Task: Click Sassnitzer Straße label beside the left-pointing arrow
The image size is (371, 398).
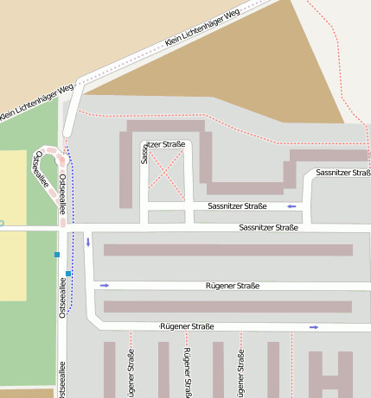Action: (237, 206)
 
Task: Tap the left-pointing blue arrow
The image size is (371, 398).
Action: (292, 206)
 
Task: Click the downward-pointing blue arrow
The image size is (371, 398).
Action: (88, 241)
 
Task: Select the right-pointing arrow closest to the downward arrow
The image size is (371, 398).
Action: (105, 285)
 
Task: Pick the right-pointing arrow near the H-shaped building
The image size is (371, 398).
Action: (314, 327)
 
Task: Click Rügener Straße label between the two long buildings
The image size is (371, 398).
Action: (233, 285)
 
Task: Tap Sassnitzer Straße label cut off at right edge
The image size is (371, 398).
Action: (343, 174)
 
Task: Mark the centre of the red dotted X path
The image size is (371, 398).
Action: (166, 170)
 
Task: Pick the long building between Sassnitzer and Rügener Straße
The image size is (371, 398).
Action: (228, 250)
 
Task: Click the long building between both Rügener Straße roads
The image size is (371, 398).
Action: (228, 306)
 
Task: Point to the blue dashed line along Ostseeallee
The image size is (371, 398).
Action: (72, 190)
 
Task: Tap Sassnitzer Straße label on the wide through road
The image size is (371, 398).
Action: (268, 227)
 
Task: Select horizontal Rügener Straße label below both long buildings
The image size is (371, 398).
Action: (187, 326)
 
